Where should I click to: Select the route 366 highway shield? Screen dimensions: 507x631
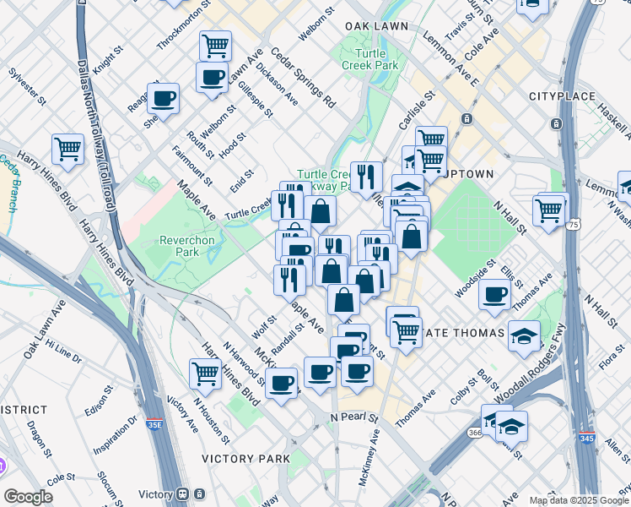[x=474, y=432]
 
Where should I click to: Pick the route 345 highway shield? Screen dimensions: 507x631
[x=585, y=439]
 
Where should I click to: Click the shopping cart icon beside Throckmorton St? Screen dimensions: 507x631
[x=216, y=45]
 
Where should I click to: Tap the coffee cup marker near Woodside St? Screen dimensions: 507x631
[x=494, y=294]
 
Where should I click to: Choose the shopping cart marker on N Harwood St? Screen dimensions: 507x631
[x=206, y=372]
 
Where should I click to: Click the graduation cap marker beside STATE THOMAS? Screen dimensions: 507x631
[x=524, y=335]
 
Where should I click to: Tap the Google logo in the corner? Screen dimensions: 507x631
[x=28, y=496]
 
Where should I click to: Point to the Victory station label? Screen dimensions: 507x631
[x=155, y=494]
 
